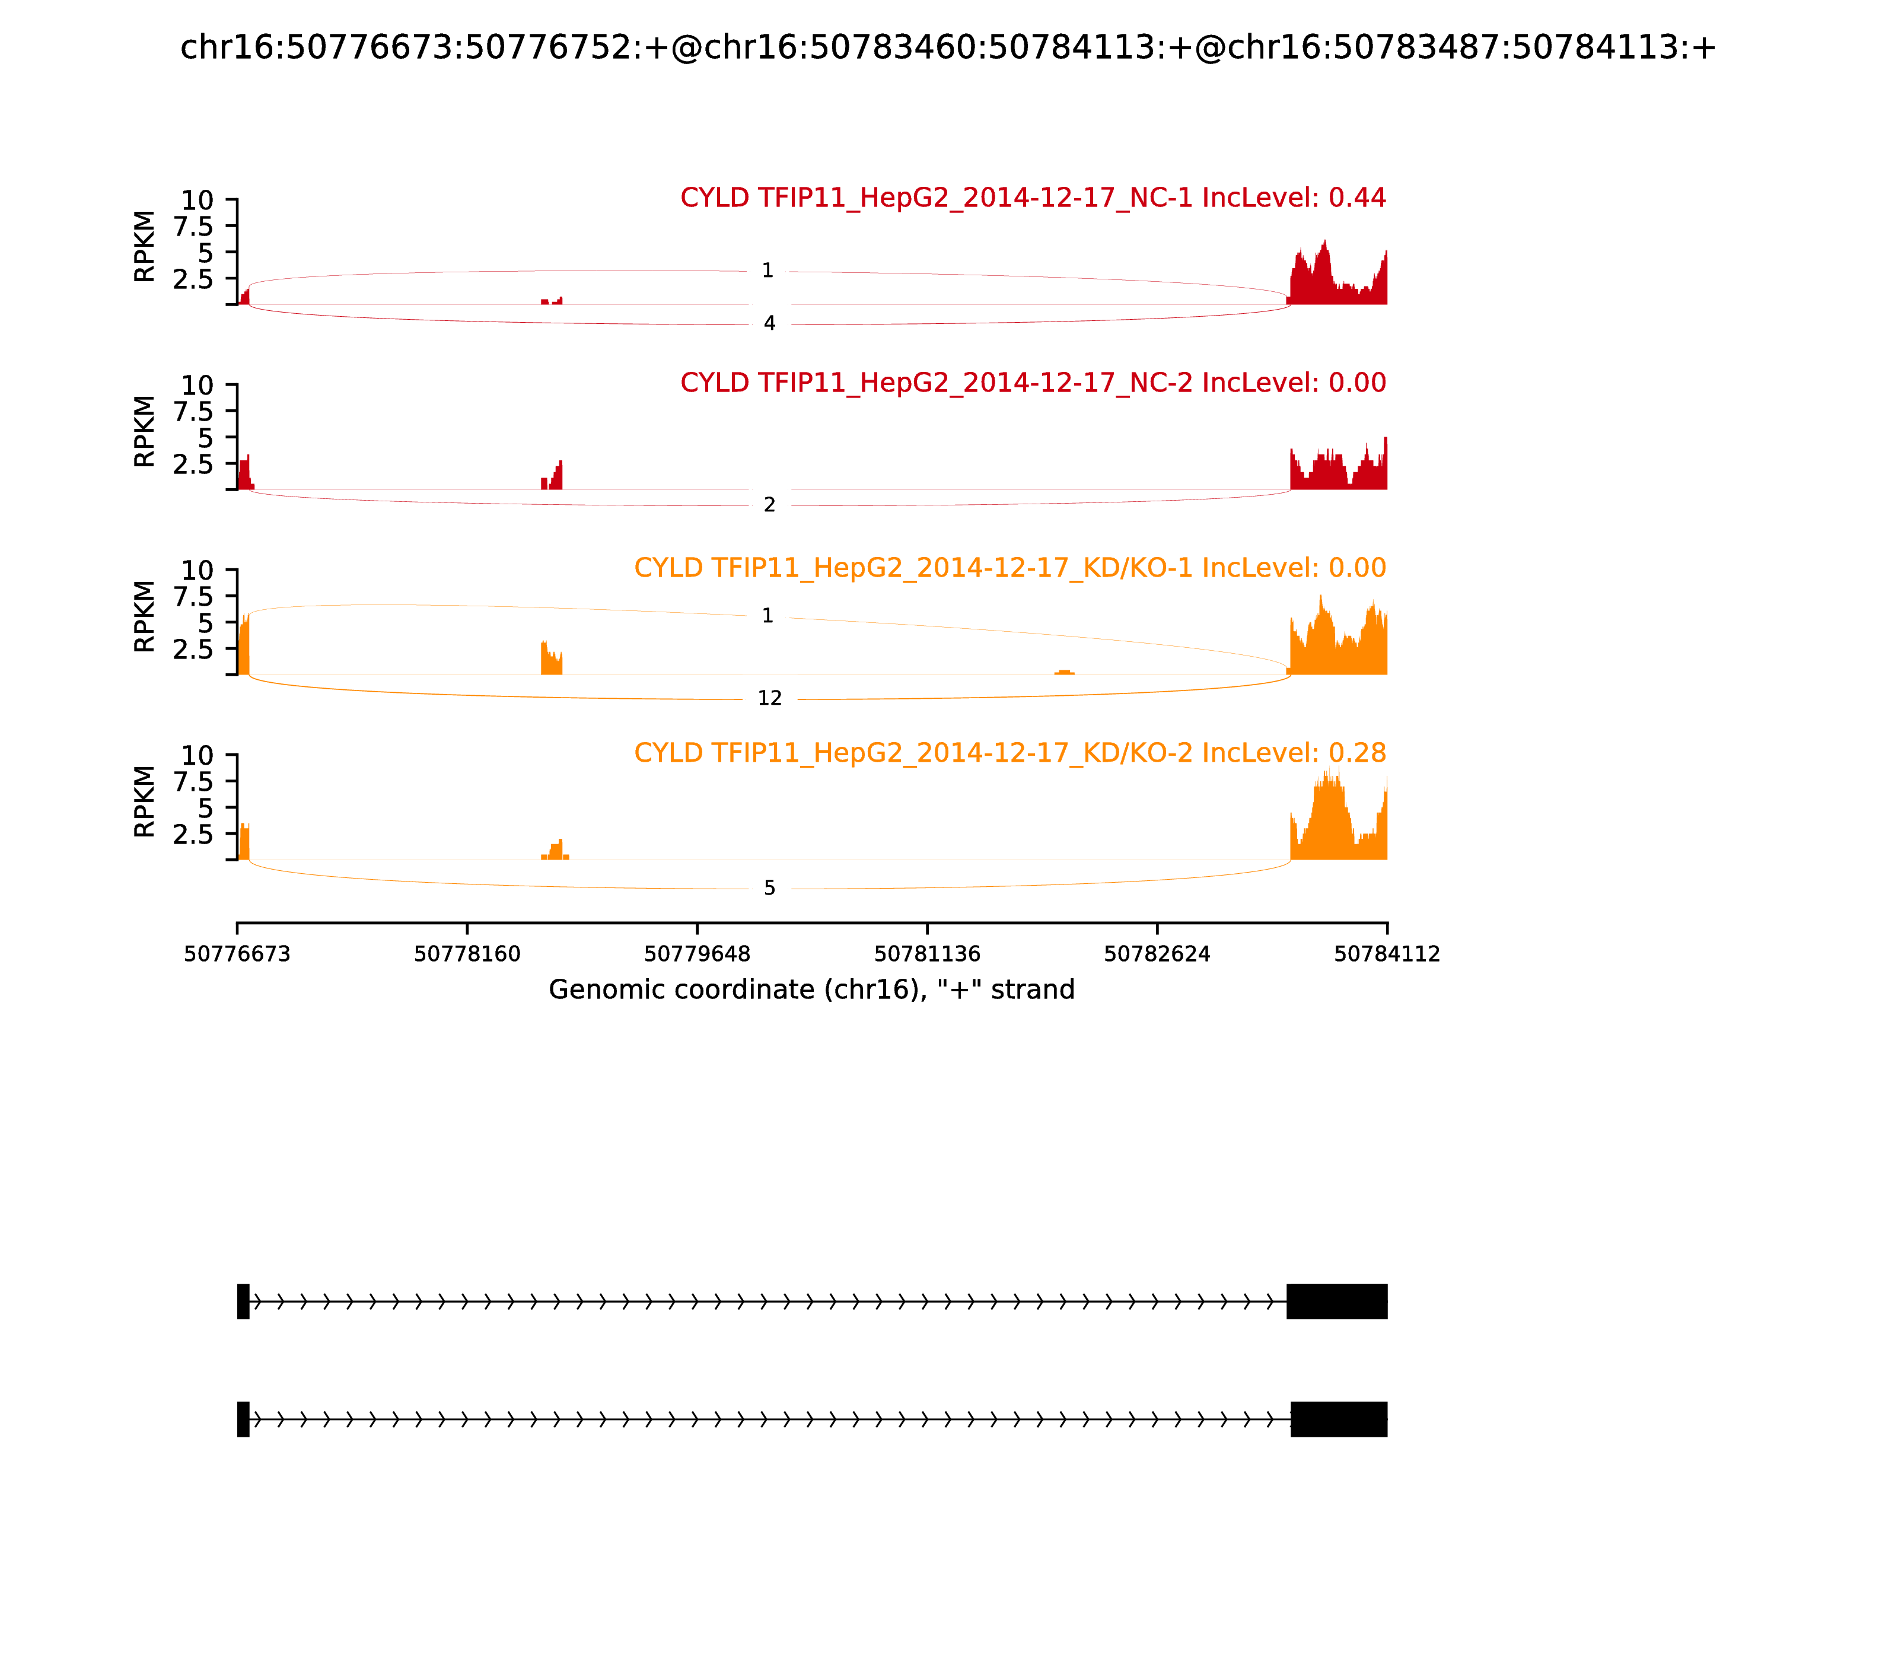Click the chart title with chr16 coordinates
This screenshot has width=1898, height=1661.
click(947, 47)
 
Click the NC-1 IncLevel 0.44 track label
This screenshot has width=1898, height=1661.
click(1033, 198)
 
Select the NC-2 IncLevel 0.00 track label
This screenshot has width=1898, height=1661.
click(1033, 382)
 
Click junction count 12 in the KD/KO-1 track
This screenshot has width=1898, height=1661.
click(769, 698)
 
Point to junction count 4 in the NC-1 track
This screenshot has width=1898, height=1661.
click(769, 323)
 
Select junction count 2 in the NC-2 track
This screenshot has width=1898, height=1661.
click(769, 505)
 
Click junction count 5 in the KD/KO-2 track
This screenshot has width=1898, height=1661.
click(769, 888)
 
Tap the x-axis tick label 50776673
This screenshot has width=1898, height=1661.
click(237, 954)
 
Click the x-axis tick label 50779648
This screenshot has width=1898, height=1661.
click(697, 954)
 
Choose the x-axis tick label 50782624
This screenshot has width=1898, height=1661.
click(1157, 954)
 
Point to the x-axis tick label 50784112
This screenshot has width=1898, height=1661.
click(1387, 954)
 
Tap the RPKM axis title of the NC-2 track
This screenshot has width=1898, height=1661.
click(145, 431)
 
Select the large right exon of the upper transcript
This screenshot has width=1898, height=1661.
click(1336, 1302)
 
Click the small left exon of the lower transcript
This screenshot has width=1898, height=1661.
click(243, 1419)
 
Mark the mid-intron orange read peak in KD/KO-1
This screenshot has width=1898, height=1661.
click(1064, 670)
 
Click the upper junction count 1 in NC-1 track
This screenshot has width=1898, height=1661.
click(768, 271)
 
